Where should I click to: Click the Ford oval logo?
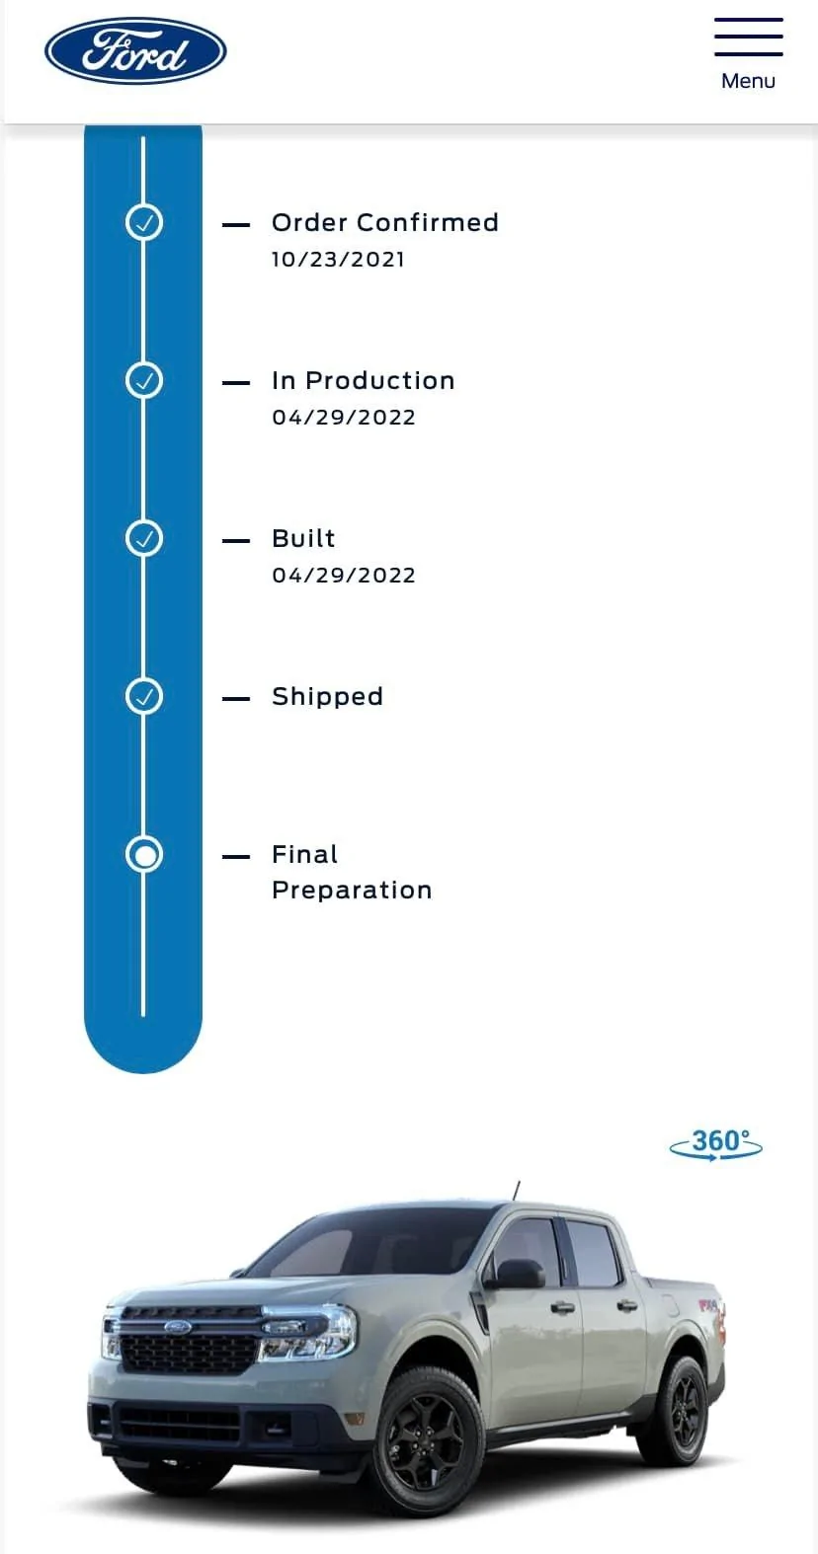[x=135, y=50]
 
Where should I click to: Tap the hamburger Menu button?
[x=749, y=54]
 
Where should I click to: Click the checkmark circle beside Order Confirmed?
[x=143, y=223]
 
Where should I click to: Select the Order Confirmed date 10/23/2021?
[x=338, y=260]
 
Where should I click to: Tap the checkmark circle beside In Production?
[x=143, y=380]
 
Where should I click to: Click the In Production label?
[x=364, y=380]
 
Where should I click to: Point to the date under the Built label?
[x=344, y=576]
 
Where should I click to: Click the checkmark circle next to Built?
[x=143, y=538]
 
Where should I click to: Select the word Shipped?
[x=327, y=696]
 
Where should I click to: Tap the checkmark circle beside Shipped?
[x=143, y=696]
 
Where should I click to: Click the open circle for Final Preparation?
[x=143, y=855]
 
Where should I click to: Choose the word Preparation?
[x=352, y=891]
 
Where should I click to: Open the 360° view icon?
[x=716, y=1144]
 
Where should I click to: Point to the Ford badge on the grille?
[x=177, y=1327]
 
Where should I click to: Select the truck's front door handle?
[x=562, y=1308]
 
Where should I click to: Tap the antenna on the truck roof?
[x=516, y=1191]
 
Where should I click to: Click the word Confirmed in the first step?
[x=428, y=223]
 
